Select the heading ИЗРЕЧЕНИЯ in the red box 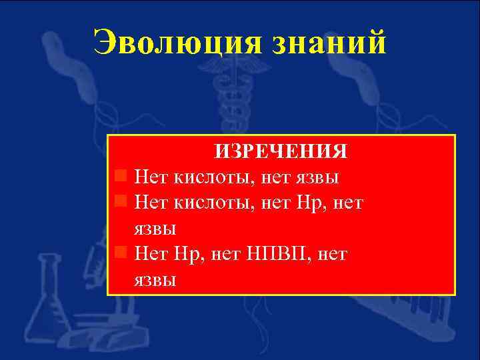280,151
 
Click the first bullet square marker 121,176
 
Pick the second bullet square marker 121,201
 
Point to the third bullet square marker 121,252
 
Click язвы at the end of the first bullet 317,177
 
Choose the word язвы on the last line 155,279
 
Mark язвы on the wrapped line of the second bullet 155,229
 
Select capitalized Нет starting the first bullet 151,177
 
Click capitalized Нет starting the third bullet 151,253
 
